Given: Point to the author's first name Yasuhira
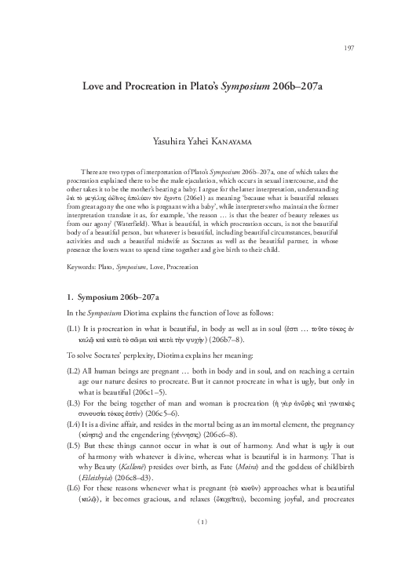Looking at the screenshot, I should point(157,144).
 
